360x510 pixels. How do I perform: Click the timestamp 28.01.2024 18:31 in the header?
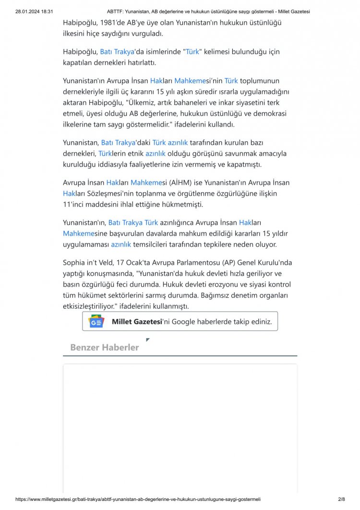(x=34, y=12)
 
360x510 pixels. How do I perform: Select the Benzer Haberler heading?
(x=104, y=347)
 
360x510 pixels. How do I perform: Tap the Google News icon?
(x=96, y=321)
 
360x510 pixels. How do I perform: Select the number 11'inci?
(x=77, y=204)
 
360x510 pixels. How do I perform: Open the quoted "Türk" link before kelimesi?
(x=192, y=51)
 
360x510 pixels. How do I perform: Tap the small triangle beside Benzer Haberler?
(x=148, y=340)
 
